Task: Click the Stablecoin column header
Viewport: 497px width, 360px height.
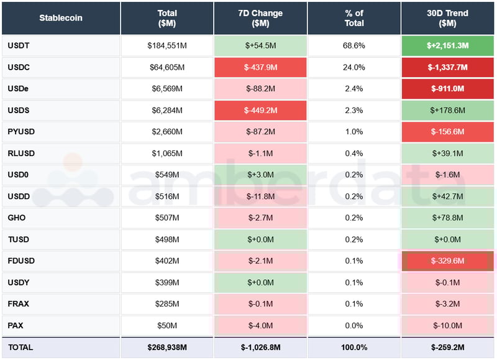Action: click(x=60, y=18)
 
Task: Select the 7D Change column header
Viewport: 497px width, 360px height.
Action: click(x=260, y=18)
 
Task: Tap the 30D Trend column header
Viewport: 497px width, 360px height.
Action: click(x=448, y=18)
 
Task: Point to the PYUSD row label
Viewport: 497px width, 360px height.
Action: click(x=21, y=132)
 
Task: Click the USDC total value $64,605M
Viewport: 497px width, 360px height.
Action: click(x=167, y=67)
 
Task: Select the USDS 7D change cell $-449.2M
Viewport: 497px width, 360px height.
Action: click(x=260, y=110)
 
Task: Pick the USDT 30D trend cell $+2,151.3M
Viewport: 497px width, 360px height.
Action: click(x=448, y=45)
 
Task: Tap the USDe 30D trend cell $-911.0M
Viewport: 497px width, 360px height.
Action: click(x=448, y=88)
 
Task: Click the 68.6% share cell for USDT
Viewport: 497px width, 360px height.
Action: click(x=354, y=45)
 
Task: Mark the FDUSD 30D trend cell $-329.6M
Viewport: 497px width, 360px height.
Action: click(x=448, y=261)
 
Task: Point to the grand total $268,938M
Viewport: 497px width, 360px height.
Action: click(x=167, y=348)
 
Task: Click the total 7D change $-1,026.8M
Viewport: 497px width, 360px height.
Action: click(x=260, y=348)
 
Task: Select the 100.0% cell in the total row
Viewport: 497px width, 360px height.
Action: click(x=354, y=348)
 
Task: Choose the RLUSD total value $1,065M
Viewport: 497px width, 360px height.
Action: click(x=167, y=154)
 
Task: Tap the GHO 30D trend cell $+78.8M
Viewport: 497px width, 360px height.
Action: click(x=448, y=218)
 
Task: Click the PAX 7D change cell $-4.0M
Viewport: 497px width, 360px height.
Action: click(x=260, y=326)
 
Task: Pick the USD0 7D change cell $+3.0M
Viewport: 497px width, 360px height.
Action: click(x=260, y=175)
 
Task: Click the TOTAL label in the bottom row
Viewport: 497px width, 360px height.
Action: click(x=21, y=348)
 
